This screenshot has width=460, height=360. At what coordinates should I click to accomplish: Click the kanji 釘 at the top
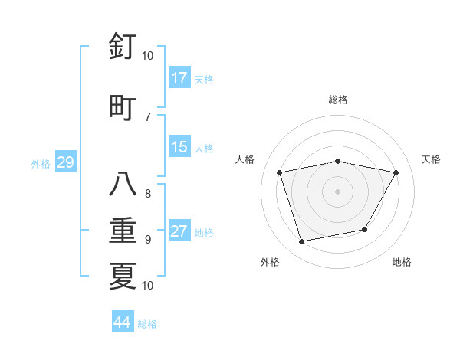(123, 47)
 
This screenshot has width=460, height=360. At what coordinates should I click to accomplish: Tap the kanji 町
(123, 106)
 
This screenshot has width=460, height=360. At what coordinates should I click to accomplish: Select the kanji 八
(123, 185)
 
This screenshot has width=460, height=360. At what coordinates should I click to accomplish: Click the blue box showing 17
(179, 78)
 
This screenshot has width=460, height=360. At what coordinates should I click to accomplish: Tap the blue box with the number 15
(179, 148)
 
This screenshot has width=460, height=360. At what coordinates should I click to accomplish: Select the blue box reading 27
(179, 232)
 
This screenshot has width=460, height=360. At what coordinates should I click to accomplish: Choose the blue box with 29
(65, 163)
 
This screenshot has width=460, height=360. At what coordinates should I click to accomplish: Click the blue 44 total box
(123, 322)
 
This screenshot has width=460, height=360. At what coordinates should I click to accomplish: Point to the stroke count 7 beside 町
(147, 116)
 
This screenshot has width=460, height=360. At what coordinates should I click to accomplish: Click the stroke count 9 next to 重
(147, 240)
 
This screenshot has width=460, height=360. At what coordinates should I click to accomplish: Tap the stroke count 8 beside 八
(147, 194)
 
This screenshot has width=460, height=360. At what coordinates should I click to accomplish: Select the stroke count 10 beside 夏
(147, 285)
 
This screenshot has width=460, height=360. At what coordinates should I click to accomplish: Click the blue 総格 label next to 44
(148, 324)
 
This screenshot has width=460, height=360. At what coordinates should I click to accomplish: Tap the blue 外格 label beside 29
(41, 164)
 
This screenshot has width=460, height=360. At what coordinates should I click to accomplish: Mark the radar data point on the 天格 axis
(396, 172)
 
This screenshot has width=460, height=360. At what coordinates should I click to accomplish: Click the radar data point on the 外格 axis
(302, 241)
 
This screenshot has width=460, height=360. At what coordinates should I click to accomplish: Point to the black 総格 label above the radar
(338, 100)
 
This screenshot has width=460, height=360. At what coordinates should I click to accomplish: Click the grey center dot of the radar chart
(338, 191)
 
